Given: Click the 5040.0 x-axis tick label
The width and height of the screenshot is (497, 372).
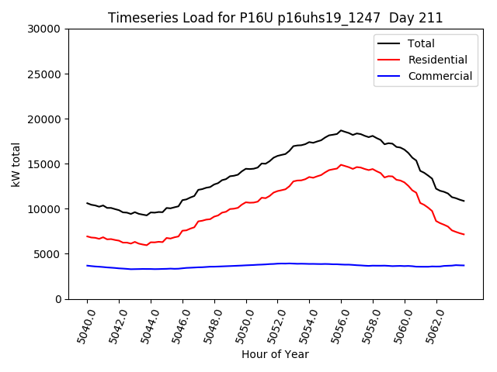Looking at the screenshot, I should (81, 325).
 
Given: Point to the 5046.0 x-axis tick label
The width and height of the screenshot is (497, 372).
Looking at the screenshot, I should (176, 325).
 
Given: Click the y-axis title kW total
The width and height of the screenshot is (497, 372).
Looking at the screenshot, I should (16, 164).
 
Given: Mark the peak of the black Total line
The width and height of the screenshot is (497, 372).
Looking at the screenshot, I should (340, 130).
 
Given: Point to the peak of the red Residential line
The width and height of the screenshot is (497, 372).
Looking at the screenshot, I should (341, 164).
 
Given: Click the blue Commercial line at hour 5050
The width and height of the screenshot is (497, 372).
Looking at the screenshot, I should (246, 265).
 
